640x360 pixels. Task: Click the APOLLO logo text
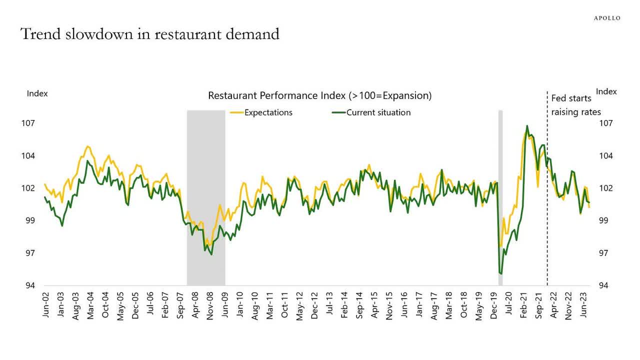(606, 18)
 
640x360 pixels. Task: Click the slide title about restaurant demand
(149, 34)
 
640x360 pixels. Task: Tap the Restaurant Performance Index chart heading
(319, 95)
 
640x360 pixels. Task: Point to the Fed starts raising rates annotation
(575, 105)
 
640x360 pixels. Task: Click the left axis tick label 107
(34, 123)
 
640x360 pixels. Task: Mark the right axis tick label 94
(604, 285)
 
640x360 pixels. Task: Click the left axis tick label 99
(34, 220)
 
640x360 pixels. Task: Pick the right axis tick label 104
(604, 155)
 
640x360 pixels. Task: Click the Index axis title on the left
(37, 93)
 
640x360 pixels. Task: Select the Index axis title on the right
(606, 91)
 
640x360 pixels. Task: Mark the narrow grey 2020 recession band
(500, 200)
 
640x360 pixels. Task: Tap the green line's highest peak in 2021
(527, 126)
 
